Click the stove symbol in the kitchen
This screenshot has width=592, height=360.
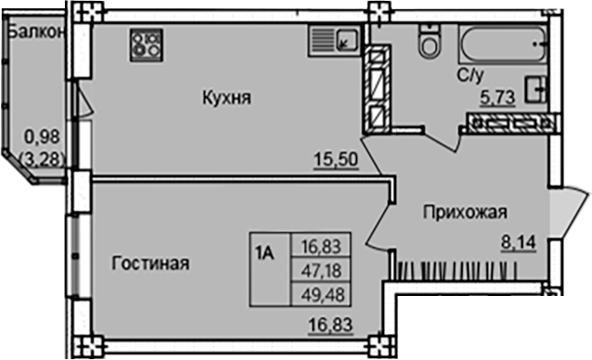(x=146, y=42)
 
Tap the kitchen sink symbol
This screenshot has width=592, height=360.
(x=335, y=41)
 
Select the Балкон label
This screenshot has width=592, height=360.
(x=34, y=31)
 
